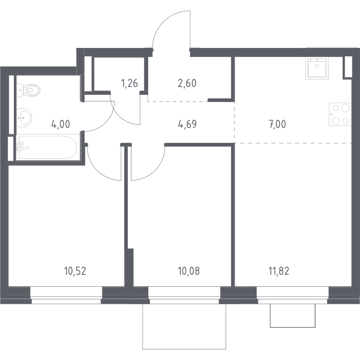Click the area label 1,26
(130, 83)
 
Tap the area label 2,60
(187, 83)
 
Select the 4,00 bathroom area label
(61, 124)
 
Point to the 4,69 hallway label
(187, 124)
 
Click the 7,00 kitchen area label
(277, 124)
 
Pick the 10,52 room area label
(75, 271)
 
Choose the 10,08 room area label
(189, 271)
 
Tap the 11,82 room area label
(279, 271)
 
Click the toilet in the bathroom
(28, 90)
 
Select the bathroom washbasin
(24, 118)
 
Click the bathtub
(47, 147)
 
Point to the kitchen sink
(317, 68)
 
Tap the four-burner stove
(340, 114)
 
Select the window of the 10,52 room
(66, 295)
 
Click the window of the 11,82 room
(293, 295)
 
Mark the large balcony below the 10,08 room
(184, 326)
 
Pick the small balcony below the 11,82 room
(293, 316)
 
